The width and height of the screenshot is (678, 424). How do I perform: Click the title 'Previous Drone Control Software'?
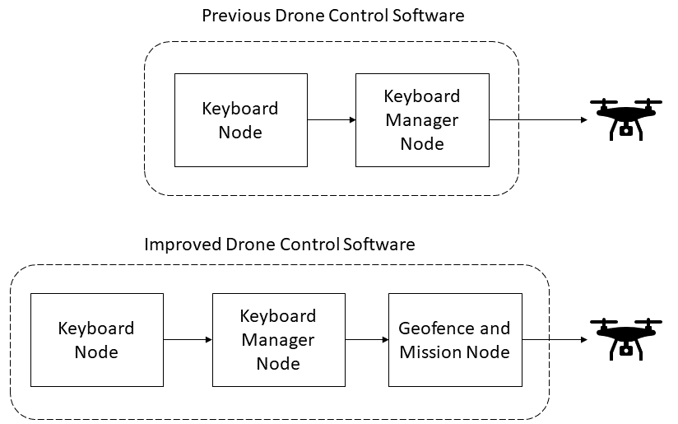(332, 16)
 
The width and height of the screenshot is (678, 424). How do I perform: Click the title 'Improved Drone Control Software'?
(280, 245)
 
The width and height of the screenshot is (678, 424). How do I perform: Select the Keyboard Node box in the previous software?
(240, 120)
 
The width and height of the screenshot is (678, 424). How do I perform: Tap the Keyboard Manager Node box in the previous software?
(422, 120)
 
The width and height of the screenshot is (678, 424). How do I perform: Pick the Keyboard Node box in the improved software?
(96, 339)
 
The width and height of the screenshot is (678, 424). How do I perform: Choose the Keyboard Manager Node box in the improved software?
(277, 339)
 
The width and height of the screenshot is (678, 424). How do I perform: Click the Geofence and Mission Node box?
(454, 339)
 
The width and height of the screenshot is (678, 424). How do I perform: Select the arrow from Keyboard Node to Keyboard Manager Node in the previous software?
(331, 120)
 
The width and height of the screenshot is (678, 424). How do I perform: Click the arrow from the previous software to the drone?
(538, 120)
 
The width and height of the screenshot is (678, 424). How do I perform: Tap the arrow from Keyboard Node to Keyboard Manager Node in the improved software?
(188, 339)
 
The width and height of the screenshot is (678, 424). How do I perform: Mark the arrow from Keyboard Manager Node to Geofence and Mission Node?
(366, 339)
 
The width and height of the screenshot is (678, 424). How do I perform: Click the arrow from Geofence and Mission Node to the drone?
(555, 339)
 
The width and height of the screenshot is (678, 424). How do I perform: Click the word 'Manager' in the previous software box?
(422, 120)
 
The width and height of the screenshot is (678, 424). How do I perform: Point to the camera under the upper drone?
(627, 129)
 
